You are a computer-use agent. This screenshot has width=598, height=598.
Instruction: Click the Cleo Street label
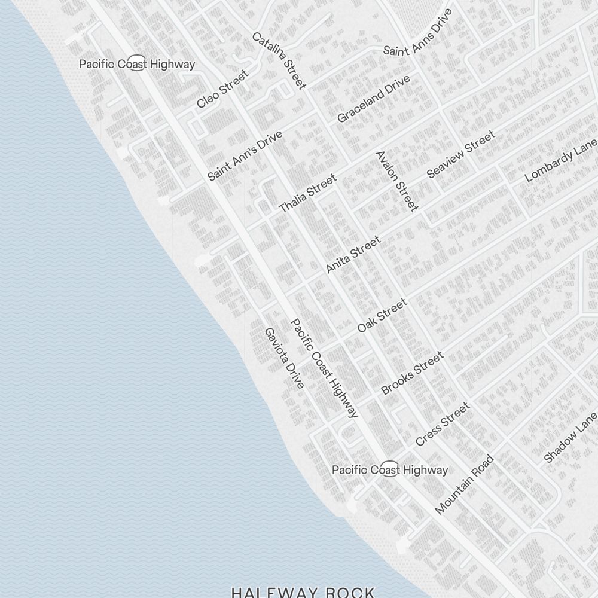click(222, 89)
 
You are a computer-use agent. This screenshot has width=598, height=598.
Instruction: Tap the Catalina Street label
click(279, 60)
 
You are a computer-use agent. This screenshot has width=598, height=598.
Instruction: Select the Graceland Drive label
click(374, 99)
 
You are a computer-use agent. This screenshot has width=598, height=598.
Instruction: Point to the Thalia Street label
click(308, 193)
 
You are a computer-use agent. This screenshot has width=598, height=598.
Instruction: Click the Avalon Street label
click(396, 181)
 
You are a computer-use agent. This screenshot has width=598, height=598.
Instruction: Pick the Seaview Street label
click(461, 154)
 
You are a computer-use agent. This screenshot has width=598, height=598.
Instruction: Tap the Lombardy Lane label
click(561, 160)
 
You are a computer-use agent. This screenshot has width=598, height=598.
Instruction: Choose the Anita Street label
click(353, 255)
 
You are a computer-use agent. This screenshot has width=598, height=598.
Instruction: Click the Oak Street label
click(382, 315)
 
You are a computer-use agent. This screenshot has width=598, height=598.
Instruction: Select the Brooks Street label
click(413, 373)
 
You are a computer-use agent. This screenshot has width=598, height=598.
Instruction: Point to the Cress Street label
click(443, 424)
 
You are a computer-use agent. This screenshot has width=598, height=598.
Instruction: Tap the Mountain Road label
click(465, 484)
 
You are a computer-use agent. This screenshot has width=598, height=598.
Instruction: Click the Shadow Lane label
click(570, 437)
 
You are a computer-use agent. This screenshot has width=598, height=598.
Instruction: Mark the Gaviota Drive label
click(285, 358)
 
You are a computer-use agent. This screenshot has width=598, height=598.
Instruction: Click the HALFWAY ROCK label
click(303, 592)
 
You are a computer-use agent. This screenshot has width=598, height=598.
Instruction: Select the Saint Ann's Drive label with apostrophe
click(245, 156)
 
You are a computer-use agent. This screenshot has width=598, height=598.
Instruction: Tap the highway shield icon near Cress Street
click(389, 469)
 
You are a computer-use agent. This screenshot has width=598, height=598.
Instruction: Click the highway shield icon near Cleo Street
click(137, 64)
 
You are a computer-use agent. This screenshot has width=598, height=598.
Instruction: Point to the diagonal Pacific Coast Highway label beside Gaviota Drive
click(324, 368)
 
